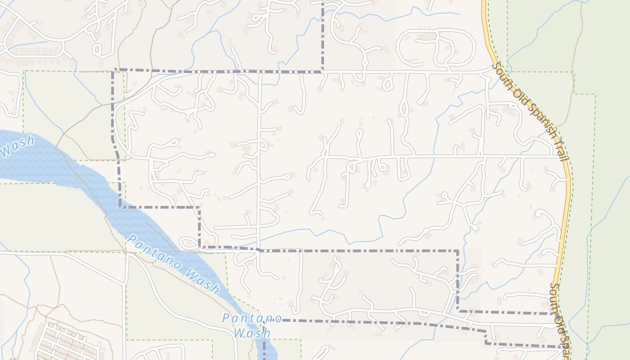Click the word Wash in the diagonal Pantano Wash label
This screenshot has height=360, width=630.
tap(202, 281)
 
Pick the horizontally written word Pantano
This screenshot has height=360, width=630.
tap(252, 318)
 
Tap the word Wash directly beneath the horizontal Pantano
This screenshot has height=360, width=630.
tap(252, 333)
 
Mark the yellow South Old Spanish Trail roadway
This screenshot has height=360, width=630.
tap(568, 202)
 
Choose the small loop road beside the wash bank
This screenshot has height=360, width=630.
tap(188, 243)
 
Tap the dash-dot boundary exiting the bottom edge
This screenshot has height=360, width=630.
tap(264, 349)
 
